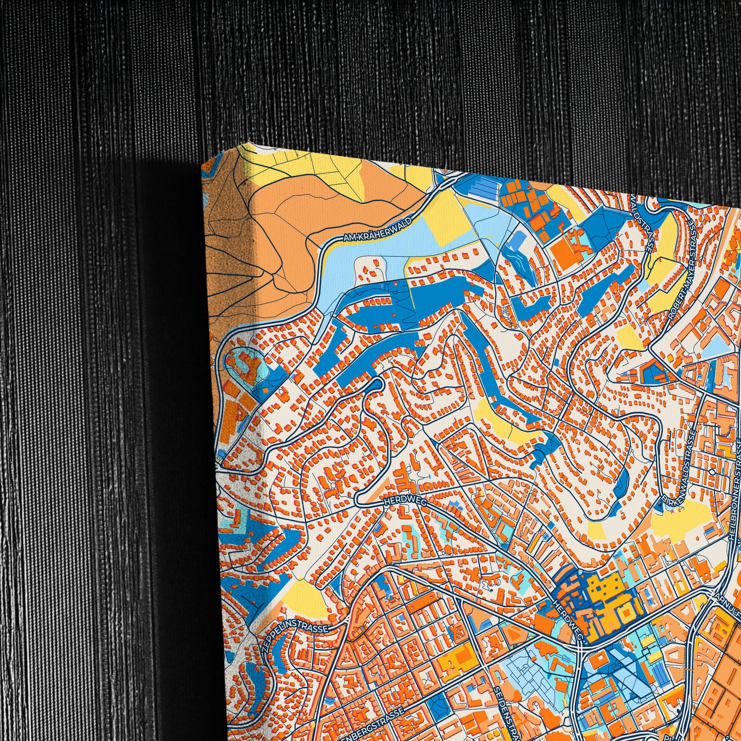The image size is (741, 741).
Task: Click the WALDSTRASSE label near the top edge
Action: tap(642, 219)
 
